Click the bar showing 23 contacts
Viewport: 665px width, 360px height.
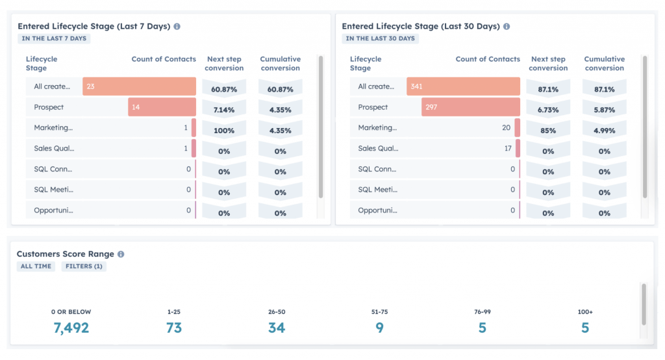tap(139, 86)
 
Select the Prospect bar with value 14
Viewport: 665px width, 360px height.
tap(162, 107)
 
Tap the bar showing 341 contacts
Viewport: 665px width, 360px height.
tap(463, 86)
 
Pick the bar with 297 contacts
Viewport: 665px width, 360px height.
tap(470, 107)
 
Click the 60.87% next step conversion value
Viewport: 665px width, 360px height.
tap(224, 89)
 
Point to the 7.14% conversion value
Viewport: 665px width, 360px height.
tap(224, 110)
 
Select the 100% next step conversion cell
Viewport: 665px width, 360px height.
tap(224, 131)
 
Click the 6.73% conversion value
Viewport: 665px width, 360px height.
tap(548, 110)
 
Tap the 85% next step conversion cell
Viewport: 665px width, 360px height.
tap(548, 131)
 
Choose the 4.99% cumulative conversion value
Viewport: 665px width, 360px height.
tap(604, 131)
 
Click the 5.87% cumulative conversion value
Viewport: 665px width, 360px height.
tap(604, 110)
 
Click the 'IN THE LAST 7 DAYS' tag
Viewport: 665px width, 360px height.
tap(54, 38)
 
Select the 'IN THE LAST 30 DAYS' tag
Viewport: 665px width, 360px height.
tap(380, 38)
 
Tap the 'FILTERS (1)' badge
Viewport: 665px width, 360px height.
tap(84, 266)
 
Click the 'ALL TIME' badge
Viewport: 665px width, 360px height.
tap(36, 266)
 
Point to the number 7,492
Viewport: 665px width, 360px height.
tap(71, 328)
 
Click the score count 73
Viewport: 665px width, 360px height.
tap(174, 328)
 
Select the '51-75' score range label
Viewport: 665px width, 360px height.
tap(379, 312)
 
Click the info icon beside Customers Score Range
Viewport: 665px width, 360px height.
tap(121, 254)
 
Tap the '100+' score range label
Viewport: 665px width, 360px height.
tap(584, 312)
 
